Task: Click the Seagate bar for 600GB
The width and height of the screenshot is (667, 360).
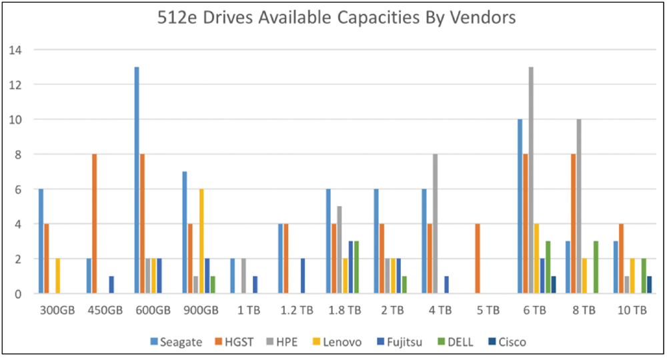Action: tap(137, 180)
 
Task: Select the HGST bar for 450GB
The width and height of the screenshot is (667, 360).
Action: tap(95, 224)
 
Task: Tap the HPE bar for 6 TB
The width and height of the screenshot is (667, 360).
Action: tap(532, 180)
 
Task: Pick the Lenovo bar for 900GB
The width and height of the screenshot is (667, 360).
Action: tap(201, 241)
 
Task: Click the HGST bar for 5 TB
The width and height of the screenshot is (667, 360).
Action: tap(478, 259)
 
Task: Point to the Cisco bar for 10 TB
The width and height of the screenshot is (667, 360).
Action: tap(649, 285)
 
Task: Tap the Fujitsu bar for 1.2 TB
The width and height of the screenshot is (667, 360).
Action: tap(303, 276)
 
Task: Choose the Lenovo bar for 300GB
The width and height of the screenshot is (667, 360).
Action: tap(57, 276)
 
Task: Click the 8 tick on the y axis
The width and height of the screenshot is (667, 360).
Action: tap(17, 154)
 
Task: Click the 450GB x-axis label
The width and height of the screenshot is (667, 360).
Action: tap(103, 311)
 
